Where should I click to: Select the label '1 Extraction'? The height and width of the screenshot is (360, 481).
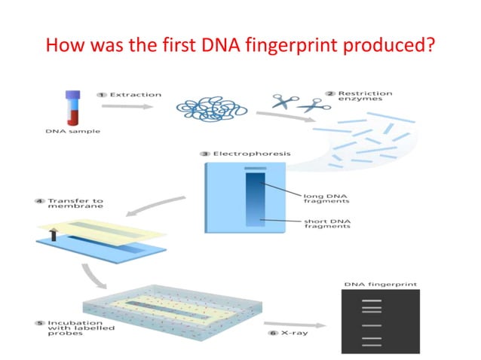point(130,95)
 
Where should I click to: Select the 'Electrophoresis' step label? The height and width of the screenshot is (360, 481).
point(245,154)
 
